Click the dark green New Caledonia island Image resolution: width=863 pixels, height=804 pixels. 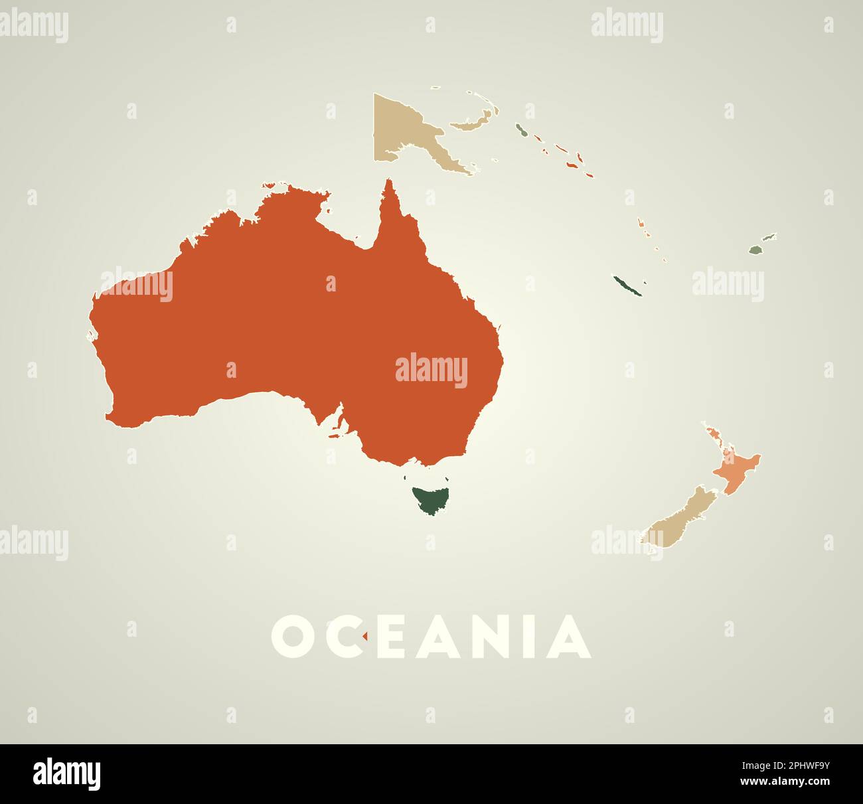[627, 286]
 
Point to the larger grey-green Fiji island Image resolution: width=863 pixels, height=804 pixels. [755, 250]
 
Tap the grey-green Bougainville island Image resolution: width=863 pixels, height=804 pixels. [522, 130]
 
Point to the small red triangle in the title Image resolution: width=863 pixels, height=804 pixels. [364, 637]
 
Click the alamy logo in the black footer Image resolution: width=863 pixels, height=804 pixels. [67, 774]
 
